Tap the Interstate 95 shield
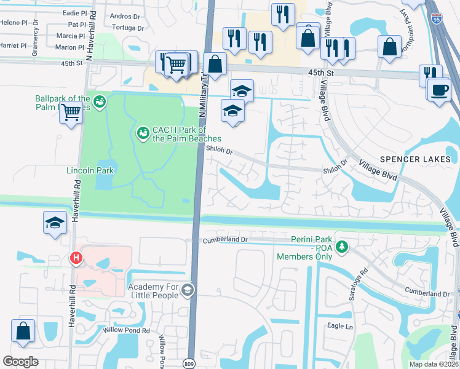(x=436, y=19)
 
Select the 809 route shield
(x=191, y=363)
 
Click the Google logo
(x=21, y=362)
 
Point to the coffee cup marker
(x=439, y=90)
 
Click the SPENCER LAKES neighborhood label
(x=415, y=159)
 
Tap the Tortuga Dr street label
(x=128, y=28)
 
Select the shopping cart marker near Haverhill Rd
(x=71, y=113)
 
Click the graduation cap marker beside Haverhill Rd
(x=55, y=223)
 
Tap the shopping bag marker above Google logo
(x=23, y=331)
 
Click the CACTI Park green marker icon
(x=143, y=132)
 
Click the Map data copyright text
(x=432, y=364)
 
